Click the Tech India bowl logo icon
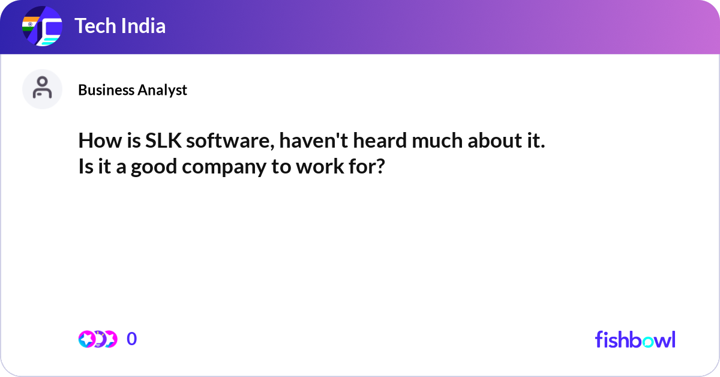[42, 27]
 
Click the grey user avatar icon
[42, 89]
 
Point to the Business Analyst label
[133, 90]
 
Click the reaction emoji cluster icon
[97, 339]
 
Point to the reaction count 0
[131, 339]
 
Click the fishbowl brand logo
[635, 339]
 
